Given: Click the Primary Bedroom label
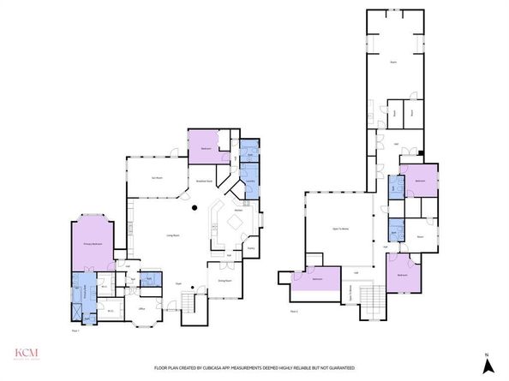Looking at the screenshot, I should (x=93, y=244).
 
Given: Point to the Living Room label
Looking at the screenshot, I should (x=171, y=235).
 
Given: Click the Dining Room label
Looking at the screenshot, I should (x=225, y=279).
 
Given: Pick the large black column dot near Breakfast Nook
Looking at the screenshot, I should (x=196, y=208).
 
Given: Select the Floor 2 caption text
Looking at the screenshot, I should (x=294, y=312).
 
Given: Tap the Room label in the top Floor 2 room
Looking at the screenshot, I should (x=393, y=63).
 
